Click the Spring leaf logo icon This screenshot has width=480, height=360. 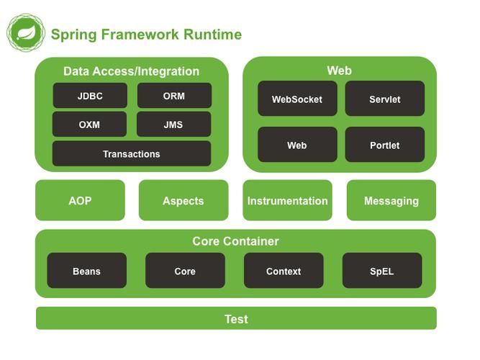click(26, 34)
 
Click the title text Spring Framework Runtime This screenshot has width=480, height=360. click(146, 35)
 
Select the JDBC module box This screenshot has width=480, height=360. click(90, 96)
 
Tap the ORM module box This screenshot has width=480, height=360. click(174, 96)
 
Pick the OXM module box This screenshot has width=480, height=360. click(89, 125)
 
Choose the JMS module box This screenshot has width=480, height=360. click(173, 125)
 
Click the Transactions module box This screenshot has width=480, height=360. click(132, 154)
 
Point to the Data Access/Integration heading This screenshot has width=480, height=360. click(132, 71)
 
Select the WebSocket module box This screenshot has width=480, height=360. click(297, 99)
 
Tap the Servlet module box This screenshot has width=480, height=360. click(385, 99)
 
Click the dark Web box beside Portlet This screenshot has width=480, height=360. click(297, 145)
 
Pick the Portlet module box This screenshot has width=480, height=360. click(385, 145)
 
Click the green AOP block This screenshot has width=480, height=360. click(80, 201)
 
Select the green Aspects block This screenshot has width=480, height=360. click(184, 201)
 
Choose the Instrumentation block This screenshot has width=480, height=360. click(288, 201)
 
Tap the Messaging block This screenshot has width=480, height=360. click(391, 201)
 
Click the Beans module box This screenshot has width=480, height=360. click(86, 271)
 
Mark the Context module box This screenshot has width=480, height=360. click(284, 271)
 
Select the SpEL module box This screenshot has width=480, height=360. click(382, 271)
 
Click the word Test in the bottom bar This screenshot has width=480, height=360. click(236, 319)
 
